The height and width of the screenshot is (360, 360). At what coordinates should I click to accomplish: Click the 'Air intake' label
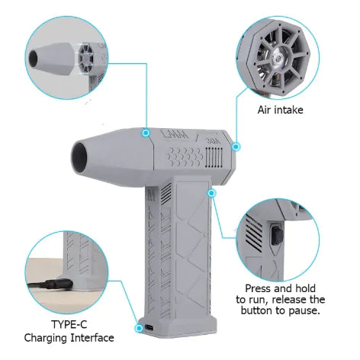281,110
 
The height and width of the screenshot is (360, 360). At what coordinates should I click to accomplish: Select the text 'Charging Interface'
69,338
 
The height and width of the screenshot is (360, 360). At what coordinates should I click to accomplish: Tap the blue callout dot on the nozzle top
145,132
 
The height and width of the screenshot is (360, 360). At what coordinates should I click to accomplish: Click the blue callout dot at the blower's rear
236,146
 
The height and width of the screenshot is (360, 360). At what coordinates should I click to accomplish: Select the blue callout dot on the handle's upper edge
212,193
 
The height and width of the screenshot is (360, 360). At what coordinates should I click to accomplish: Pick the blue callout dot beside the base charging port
139,328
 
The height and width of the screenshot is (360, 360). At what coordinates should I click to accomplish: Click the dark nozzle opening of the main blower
80,158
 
